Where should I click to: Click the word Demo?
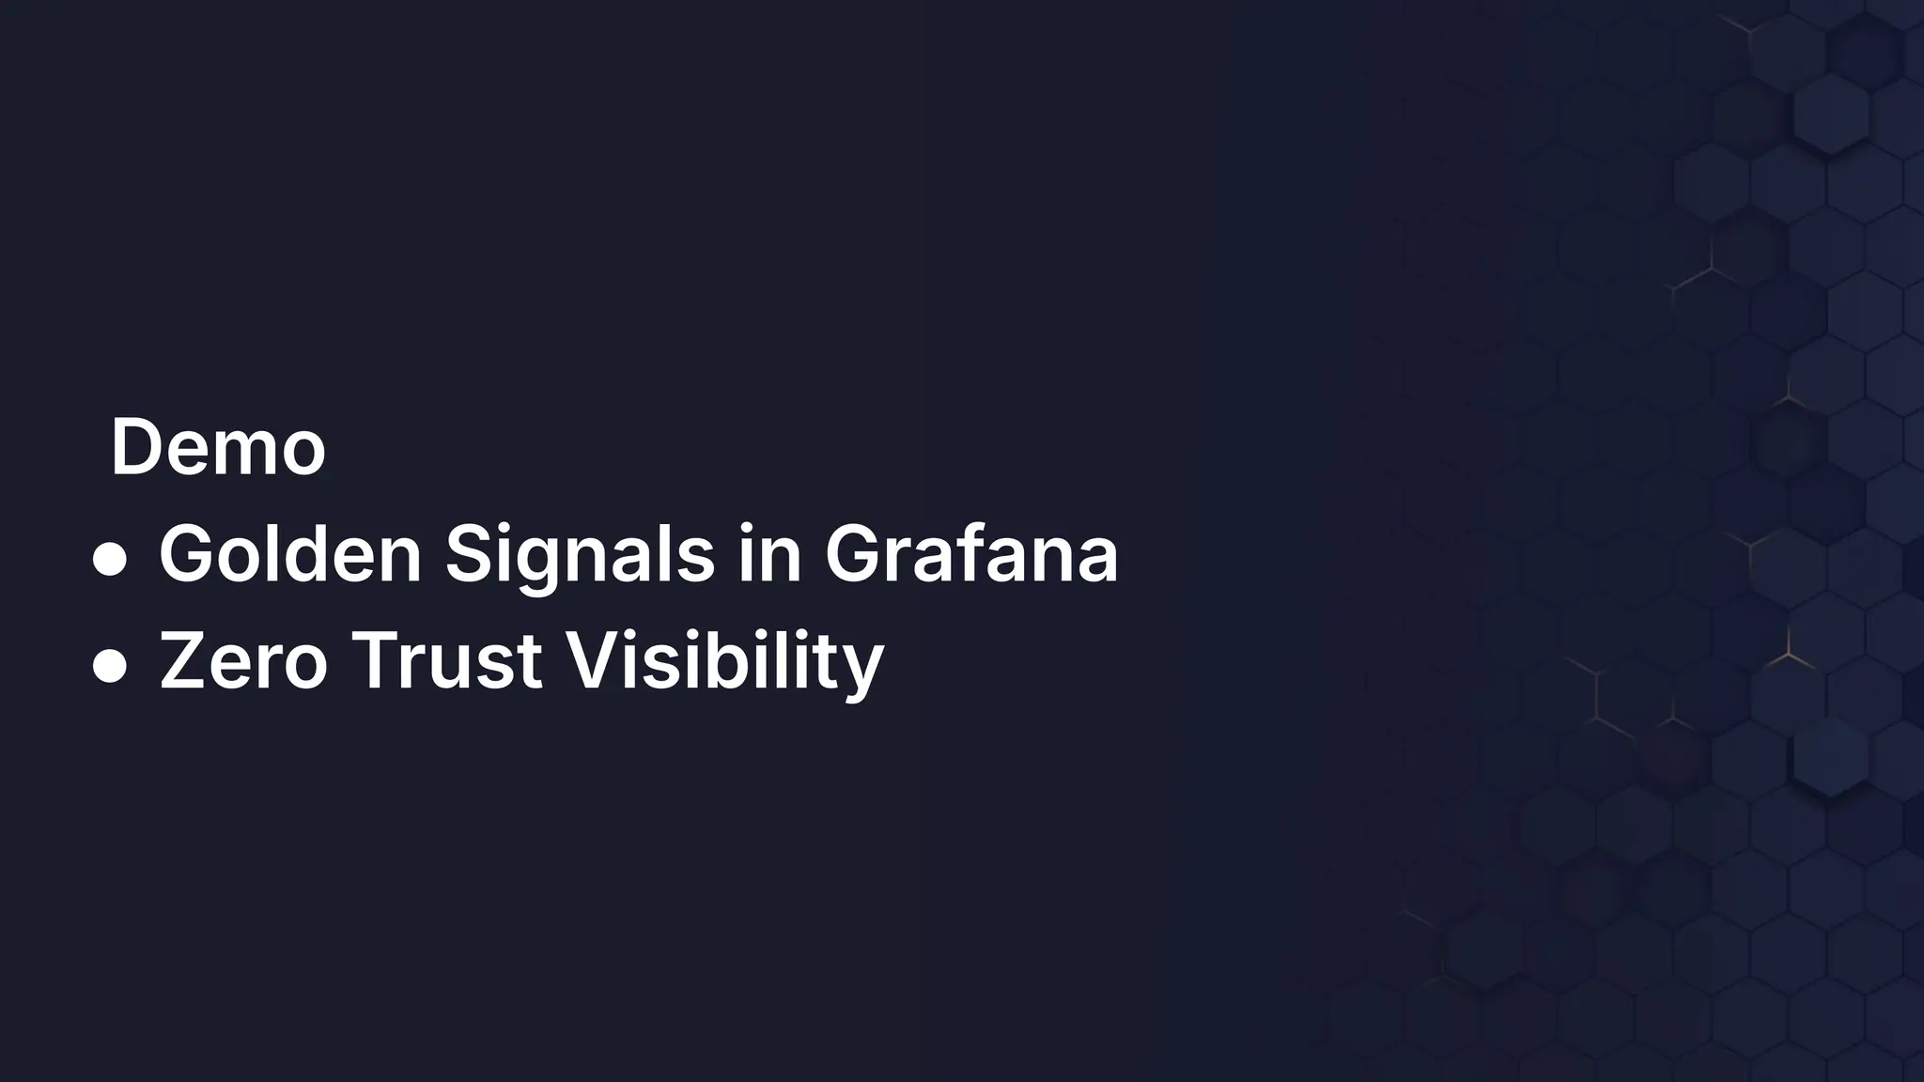click(x=218, y=448)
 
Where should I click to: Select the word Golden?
click(x=290, y=555)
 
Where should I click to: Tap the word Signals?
click(x=580, y=555)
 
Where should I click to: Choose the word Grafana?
click(x=971, y=555)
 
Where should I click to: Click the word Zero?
click(x=243, y=661)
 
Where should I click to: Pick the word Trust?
click(x=446, y=661)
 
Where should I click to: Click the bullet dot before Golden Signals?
click(x=110, y=561)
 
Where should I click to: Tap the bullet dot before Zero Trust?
click(x=110, y=667)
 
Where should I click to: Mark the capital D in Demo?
click(x=139, y=448)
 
